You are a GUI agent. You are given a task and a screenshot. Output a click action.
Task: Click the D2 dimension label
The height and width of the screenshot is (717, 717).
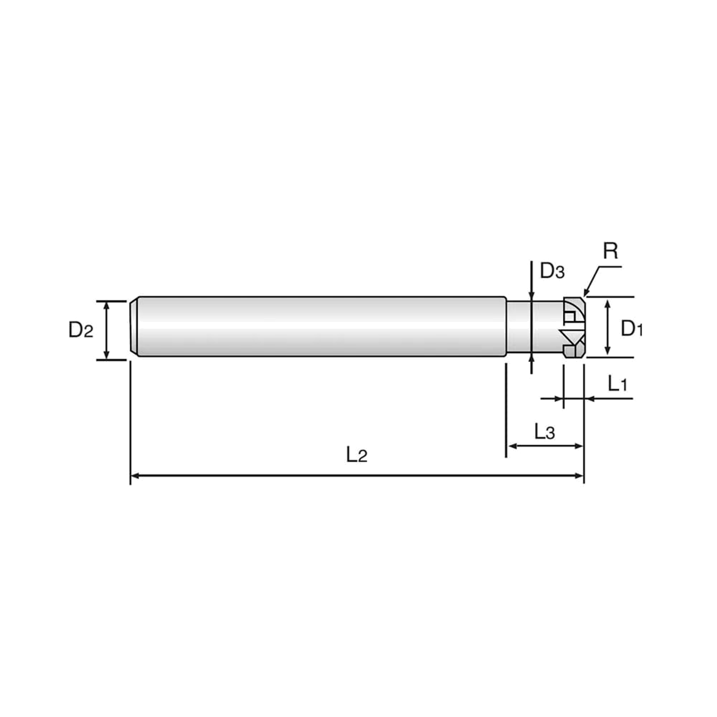[x=81, y=329]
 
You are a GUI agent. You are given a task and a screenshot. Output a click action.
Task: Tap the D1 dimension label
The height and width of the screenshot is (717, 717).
[x=632, y=329]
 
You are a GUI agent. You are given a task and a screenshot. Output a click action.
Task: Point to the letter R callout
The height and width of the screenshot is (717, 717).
[x=611, y=251]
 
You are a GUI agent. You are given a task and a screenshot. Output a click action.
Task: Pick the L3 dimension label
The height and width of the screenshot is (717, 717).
[x=545, y=431]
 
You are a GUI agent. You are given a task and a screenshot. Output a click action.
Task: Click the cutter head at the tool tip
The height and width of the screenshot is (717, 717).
[x=574, y=327]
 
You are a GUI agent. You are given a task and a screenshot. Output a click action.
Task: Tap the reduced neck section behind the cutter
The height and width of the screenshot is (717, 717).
[x=535, y=327]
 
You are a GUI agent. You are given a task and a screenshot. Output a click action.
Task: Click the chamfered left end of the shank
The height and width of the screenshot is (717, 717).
[x=134, y=327]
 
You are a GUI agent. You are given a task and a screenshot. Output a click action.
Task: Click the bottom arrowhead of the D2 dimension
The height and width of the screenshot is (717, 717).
[x=106, y=355]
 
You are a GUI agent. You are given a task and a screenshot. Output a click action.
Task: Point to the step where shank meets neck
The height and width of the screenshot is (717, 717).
[x=507, y=327]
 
